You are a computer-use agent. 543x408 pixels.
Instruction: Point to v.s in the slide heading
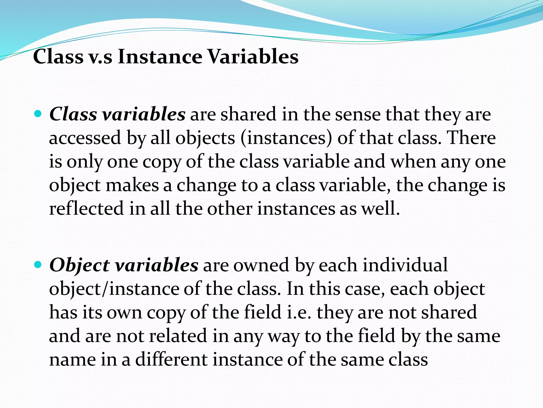(x=100, y=57)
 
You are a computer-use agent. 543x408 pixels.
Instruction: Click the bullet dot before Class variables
(x=38, y=114)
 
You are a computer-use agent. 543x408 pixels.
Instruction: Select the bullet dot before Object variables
(x=38, y=265)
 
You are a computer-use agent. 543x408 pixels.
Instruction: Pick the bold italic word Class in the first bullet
(x=73, y=114)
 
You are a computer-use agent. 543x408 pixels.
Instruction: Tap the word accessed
(x=85, y=138)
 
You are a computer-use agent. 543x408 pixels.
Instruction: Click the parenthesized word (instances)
(x=286, y=138)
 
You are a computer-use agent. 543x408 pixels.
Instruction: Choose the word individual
(x=405, y=265)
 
